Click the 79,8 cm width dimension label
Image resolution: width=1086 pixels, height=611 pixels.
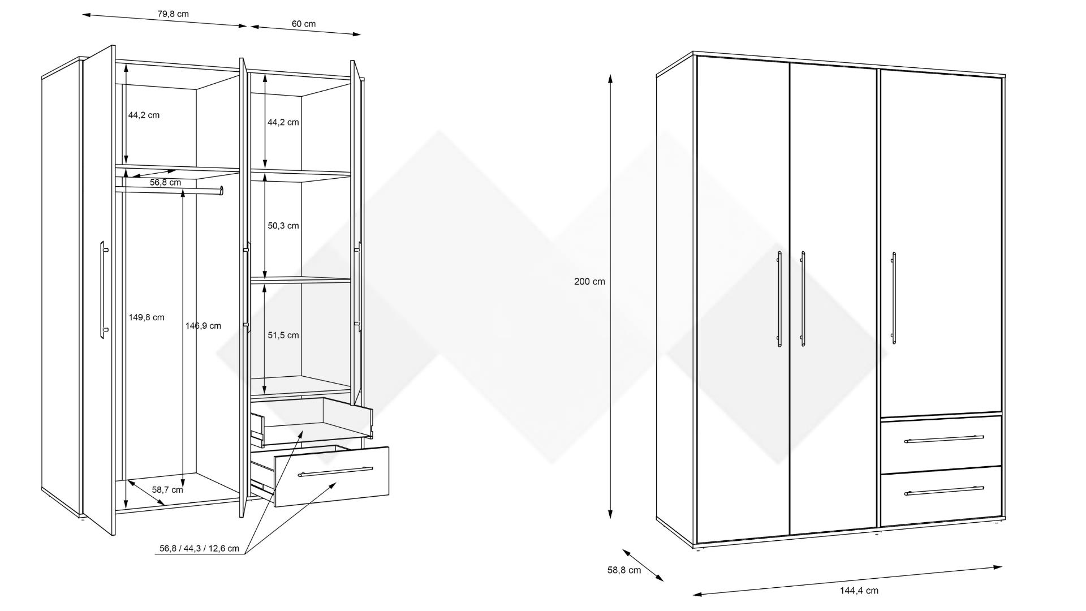point(173,14)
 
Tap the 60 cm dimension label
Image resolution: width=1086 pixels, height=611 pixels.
point(304,24)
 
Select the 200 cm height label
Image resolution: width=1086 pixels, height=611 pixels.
point(589,282)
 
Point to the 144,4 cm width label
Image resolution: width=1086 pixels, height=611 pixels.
point(859,591)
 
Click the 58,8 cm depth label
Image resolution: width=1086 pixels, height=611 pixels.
point(624,570)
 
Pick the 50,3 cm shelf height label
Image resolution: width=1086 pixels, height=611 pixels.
point(283,226)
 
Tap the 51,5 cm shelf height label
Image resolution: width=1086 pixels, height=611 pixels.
point(283,335)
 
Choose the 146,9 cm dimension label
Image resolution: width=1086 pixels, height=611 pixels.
point(203,326)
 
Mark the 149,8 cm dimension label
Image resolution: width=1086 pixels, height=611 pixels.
point(146,317)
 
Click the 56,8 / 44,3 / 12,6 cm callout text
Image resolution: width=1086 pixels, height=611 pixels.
point(199,549)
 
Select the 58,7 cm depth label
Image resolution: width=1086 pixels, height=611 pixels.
point(167,490)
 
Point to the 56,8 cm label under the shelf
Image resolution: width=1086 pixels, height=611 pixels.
point(165,183)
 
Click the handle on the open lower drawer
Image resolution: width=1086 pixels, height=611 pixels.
point(335,472)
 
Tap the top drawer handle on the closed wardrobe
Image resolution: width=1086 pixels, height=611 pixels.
point(943,439)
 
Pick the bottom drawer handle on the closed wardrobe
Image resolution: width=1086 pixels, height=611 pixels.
point(943,490)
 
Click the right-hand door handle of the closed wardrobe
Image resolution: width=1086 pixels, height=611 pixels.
point(894,298)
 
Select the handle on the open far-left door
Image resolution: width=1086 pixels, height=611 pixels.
point(104,290)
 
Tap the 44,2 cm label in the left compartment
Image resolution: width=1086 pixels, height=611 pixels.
point(144,115)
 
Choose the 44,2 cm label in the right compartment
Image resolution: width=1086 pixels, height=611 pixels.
point(283,122)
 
